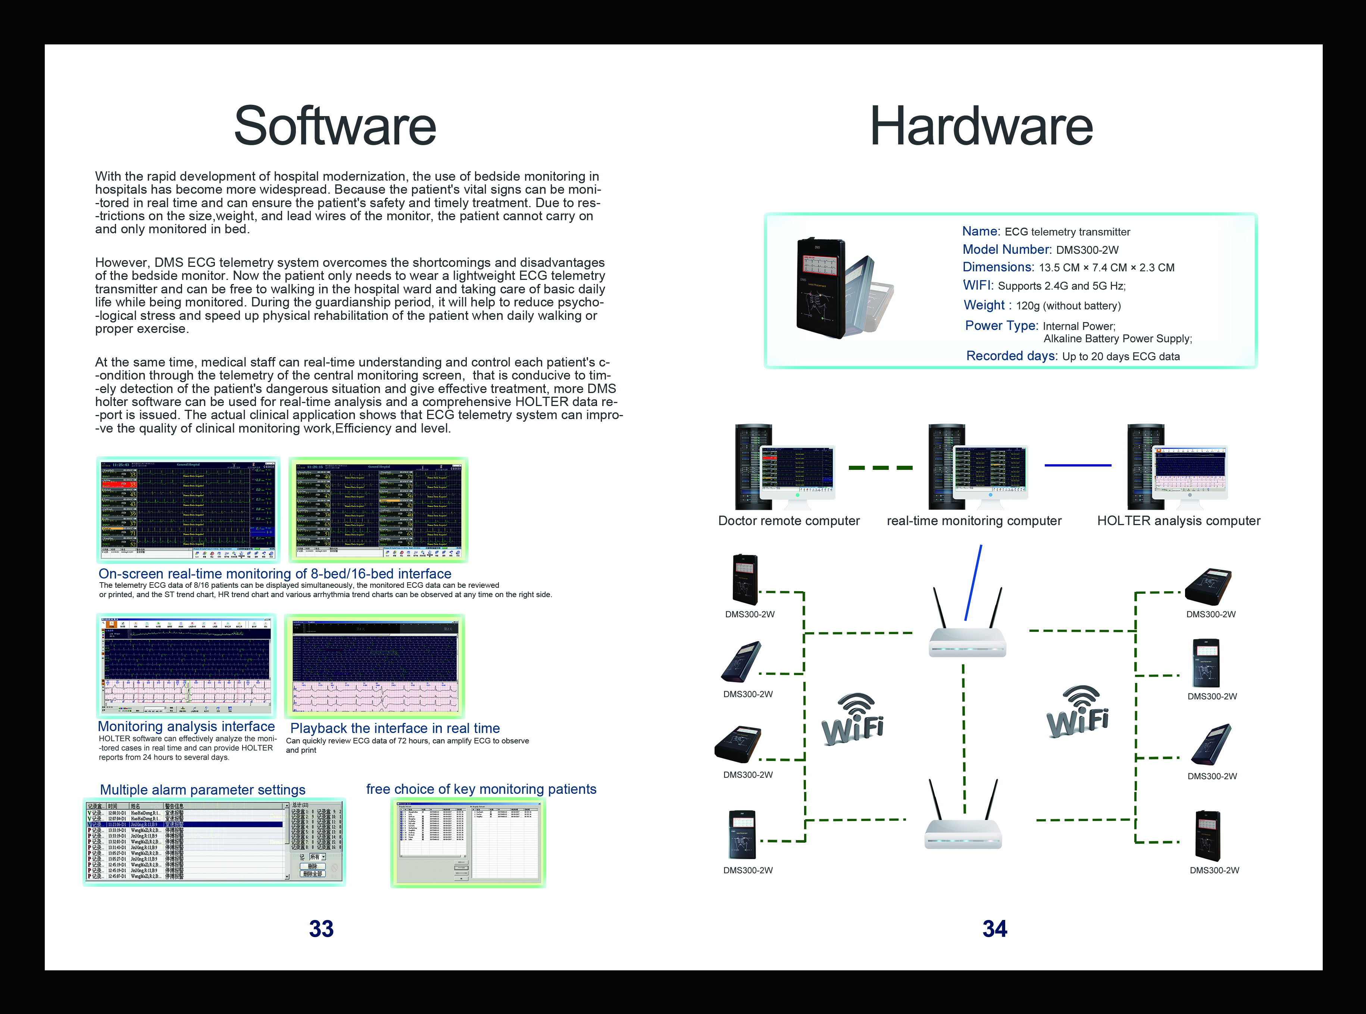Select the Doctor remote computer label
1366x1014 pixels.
788,521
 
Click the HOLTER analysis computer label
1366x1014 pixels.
1178,521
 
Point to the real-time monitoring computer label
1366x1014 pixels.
974,521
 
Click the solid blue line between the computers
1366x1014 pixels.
1078,465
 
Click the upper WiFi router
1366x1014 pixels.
967,638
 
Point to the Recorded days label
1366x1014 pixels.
1011,356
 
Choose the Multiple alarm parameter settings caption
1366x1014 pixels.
203,790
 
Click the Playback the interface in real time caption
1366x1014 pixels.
395,728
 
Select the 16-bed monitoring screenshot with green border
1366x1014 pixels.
378,509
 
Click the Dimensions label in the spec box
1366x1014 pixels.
998,267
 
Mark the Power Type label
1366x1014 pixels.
1001,325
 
